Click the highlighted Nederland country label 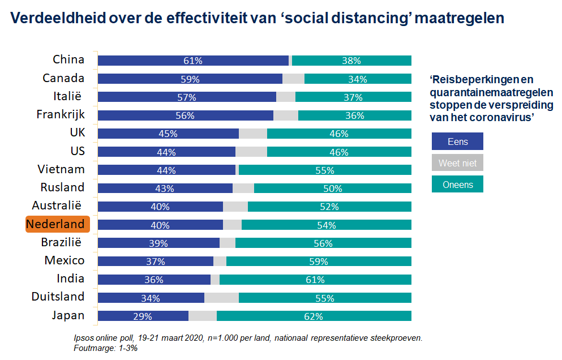(x=58, y=224)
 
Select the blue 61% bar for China (x=193, y=61)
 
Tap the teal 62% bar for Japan (x=314, y=316)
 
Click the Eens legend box (x=457, y=141)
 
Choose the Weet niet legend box (x=457, y=163)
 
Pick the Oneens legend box (x=457, y=184)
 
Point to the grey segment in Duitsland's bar (x=221, y=298)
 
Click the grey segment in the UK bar (x=252, y=134)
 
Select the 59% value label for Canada (x=190, y=79)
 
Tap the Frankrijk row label (x=61, y=114)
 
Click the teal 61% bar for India (x=315, y=280)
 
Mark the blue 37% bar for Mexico (x=156, y=262)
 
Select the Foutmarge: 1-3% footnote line (x=106, y=348)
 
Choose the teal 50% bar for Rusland (x=333, y=188)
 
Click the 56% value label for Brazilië (x=324, y=243)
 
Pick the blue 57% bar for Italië (x=187, y=97)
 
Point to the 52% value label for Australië (x=329, y=207)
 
